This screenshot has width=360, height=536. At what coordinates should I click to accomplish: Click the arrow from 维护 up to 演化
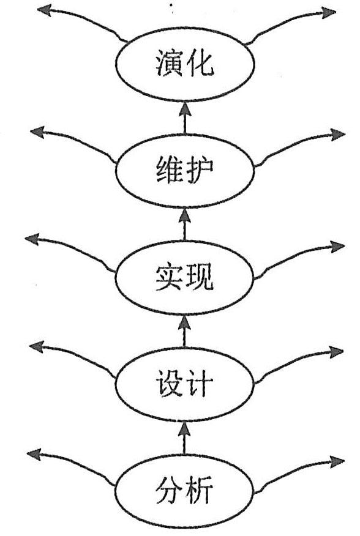185,117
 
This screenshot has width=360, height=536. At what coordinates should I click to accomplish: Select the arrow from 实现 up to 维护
185,224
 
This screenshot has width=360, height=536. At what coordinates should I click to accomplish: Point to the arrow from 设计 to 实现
184,331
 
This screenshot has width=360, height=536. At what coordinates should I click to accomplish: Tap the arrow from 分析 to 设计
184,438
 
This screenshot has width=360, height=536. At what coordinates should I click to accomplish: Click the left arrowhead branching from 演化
44,10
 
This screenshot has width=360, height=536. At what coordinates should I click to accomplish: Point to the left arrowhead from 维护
37,132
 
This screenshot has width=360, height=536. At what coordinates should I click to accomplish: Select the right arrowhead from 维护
338,135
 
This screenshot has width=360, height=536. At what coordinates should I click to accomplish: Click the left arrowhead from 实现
32,239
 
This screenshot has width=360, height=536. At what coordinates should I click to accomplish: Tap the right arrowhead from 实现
338,247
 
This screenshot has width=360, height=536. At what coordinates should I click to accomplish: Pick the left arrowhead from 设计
36,346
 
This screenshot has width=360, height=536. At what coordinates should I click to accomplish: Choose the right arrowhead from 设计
336,352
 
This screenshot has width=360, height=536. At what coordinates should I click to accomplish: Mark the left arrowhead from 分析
34,454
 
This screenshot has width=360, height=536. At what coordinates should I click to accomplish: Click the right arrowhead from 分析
337,461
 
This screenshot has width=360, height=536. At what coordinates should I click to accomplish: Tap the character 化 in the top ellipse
200,63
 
